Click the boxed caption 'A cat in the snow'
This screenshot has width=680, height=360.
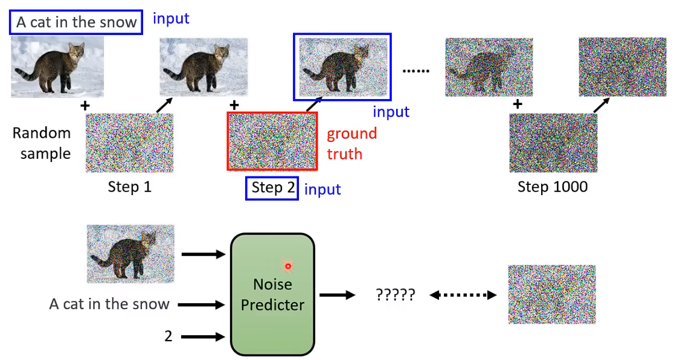76,22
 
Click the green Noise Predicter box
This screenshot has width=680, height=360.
272,294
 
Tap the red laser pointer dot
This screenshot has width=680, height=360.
288,266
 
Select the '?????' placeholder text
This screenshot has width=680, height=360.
395,295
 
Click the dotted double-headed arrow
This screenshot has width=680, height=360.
463,295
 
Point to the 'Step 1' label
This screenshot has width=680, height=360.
129,187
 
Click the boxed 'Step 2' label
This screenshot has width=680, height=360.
272,188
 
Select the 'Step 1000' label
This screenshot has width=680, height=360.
552,187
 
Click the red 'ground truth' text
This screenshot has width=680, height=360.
351,144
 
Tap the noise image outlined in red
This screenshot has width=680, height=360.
272,141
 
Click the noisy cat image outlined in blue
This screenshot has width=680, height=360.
342,66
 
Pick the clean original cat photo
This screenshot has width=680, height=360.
57,66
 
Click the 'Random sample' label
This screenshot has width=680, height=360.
42,143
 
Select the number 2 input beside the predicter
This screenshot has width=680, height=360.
168,336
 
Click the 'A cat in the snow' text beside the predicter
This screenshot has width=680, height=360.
109,304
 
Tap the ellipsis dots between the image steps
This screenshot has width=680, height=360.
415,71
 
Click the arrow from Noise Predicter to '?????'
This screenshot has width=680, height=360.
337,295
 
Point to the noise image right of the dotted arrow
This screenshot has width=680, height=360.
551,294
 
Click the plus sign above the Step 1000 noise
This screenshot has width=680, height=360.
517,104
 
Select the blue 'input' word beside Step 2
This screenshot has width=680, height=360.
322,189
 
